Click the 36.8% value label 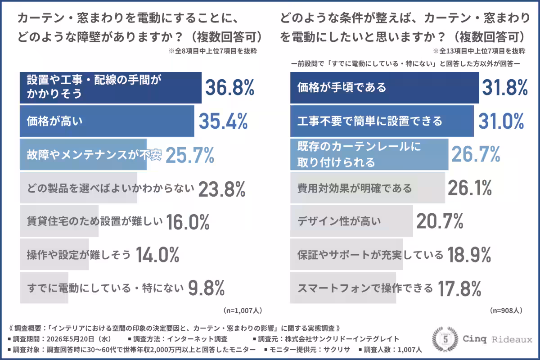tap(230, 88)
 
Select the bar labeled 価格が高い tap(107, 121)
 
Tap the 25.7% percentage tap(190, 155)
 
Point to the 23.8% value tap(222, 189)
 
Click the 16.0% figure tap(188, 222)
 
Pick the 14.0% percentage tap(157, 255)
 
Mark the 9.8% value tap(207, 288)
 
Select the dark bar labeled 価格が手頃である tap(384, 88)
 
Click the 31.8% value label tap(505, 87)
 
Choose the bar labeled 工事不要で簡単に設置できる tap(382, 121)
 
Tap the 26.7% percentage tap(476, 154)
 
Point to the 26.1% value tap(470, 188)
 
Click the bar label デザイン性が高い tap(339, 221)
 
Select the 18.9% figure tap(469, 255)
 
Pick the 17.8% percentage tap(459, 288)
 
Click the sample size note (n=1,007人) tap(243, 310)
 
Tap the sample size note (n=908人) tap(506, 310)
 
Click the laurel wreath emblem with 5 tap(445, 339)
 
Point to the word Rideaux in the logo tap(512, 339)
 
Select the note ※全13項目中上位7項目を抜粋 tap(479, 51)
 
